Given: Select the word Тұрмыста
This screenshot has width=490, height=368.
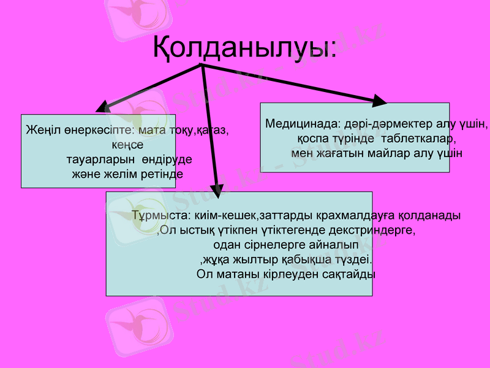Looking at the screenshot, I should click(x=159, y=216).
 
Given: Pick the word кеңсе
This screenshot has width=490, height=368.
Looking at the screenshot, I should click(x=128, y=145).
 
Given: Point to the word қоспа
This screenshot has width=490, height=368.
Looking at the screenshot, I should click(x=312, y=138).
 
